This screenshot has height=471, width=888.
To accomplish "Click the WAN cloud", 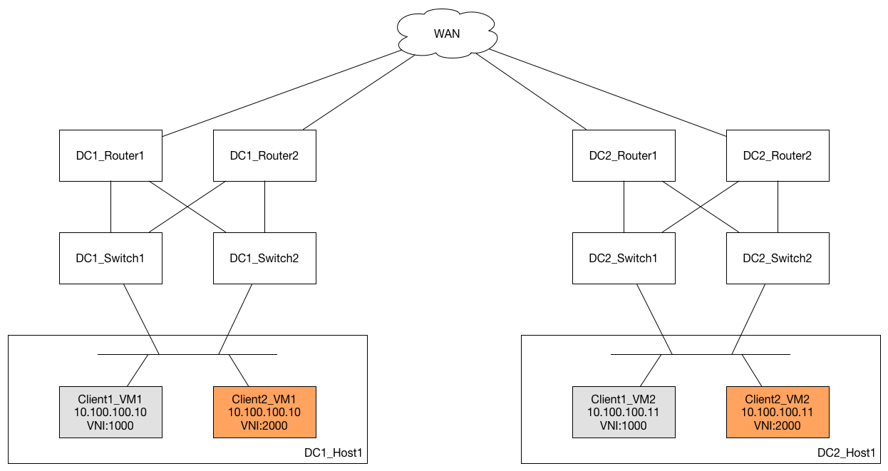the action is pyautogui.click(x=447, y=33).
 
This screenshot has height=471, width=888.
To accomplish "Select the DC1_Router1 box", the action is pyautogui.click(x=110, y=155).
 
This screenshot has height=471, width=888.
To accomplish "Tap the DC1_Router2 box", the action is pyautogui.click(x=264, y=155).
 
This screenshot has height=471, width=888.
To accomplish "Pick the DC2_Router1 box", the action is pyautogui.click(x=624, y=155).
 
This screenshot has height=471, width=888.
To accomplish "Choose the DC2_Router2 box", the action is pyautogui.click(x=778, y=155).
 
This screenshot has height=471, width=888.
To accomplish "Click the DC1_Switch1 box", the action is pyautogui.click(x=110, y=258).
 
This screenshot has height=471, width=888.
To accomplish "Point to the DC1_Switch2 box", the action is pyautogui.click(x=264, y=258).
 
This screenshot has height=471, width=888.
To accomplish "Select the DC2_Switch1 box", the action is pyautogui.click(x=624, y=258).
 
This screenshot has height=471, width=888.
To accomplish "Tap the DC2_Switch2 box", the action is pyautogui.click(x=778, y=258).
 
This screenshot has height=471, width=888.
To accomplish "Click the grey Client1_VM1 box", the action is pyautogui.click(x=110, y=412).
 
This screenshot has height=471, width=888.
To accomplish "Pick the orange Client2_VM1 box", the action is pyautogui.click(x=264, y=412).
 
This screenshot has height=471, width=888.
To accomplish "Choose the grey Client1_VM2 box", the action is pyautogui.click(x=624, y=412).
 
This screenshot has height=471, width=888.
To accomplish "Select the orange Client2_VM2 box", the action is pyautogui.click(x=778, y=412).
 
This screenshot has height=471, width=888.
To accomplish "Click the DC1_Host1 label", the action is pyautogui.click(x=333, y=452).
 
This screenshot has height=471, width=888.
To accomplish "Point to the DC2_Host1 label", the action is pyautogui.click(x=846, y=452).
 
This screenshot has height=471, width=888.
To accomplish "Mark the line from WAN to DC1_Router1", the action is pyautogui.click(x=282, y=93).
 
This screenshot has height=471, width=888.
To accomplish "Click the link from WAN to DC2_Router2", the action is pyautogui.click(x=607, y=93).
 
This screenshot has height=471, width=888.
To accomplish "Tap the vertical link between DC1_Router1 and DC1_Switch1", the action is pyautogui.click(x=110, y=207).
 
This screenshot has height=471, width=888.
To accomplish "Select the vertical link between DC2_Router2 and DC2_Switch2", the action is pyautogui.click(x=778, y=207).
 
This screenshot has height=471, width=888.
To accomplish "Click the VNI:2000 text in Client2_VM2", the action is pyautogui.click(x=777, y=425).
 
